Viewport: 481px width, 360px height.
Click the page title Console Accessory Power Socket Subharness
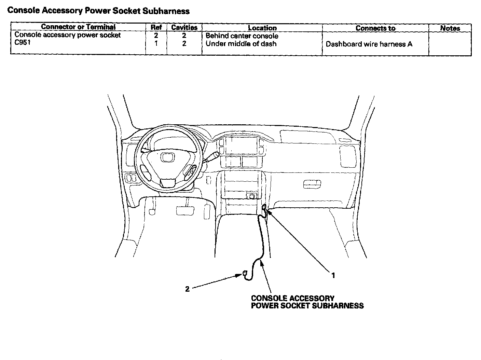[x=98, y=11]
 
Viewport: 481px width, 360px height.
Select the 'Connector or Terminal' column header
[x=78, y=27]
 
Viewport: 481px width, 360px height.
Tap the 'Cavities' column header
[x=184, y=27]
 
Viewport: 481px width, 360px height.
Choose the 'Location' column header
[x=262, y=28]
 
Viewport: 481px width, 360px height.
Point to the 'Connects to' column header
[x=375, y=28]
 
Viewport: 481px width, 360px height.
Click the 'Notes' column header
[x=450, y=28]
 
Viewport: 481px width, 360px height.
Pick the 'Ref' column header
[x=156, y=27]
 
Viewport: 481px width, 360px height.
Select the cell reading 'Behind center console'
[x=242, y=36]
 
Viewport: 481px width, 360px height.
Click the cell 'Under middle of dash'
[x=241, y=44]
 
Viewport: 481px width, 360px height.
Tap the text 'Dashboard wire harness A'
[x=369, y=44]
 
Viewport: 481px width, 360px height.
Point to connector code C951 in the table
[x=22, y=42]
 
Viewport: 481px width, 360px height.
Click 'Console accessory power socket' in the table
[x=68, y=35]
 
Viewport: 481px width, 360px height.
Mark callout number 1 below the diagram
[x=333, y=275]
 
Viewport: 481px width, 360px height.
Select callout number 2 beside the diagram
[x=187, y=289]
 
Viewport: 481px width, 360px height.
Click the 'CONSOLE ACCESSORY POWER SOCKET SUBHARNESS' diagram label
[x=307, y=302]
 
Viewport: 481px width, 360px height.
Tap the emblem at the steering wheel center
[x=168, y=157]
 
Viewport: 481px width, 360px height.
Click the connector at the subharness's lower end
[x=245, y=273]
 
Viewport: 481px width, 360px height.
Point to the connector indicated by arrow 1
[x=264, y=207]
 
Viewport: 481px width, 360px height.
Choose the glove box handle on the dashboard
[x=312, y=184]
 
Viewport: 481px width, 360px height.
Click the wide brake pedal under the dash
[x=185, y=211]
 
